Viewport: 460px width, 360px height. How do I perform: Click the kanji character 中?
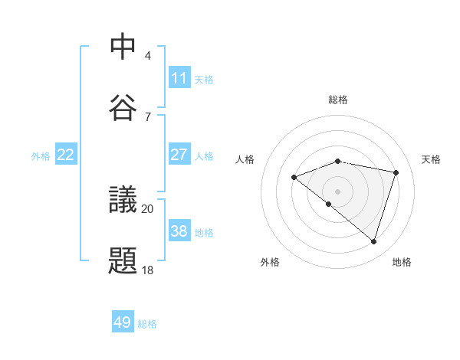(123, 47)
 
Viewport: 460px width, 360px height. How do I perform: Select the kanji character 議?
(123, 200)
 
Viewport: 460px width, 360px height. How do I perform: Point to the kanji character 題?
(123, 260)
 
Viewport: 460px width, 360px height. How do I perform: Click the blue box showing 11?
(179, 77)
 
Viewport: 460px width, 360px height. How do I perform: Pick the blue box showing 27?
(179, 155)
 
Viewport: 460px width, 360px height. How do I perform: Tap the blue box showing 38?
(179, 232)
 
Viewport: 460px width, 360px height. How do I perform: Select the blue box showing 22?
(66, 155)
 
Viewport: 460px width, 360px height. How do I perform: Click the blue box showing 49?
(123, 322)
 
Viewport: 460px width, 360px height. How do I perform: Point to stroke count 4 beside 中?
(148, 56)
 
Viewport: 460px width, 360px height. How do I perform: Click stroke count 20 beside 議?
(148, 208)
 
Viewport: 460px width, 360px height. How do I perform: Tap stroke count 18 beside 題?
(148, 270)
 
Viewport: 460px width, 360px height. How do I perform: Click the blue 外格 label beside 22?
(41, 155)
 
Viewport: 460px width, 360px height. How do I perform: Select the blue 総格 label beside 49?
(147, 323)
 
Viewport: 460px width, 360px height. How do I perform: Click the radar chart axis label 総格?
(338, 100)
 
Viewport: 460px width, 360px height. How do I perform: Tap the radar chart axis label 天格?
(431, 159)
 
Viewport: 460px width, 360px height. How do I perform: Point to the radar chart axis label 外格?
(270, 262)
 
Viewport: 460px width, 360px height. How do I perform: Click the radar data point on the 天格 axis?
(396, 172)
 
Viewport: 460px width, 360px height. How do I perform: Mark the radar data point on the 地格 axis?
(374, 242)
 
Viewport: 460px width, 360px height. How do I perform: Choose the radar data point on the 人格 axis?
(294, 178)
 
